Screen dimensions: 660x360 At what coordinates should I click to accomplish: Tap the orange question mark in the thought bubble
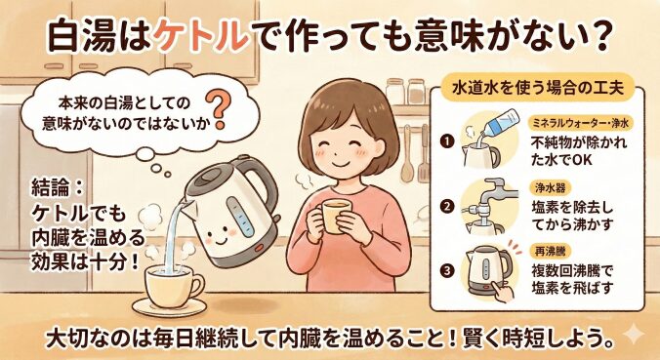[x=217, y=110]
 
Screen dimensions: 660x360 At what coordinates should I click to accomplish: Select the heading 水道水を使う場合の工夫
[x=538, y=89]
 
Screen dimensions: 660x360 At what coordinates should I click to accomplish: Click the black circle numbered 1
[x=447, y=141]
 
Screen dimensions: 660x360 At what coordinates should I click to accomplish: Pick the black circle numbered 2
[x=447, y=206]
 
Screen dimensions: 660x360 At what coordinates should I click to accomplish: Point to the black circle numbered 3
[x=447, y=270]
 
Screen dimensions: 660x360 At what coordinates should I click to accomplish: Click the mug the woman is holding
[x=335, y=216]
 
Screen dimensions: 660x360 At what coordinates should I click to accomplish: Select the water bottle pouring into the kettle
[x=500, y=123]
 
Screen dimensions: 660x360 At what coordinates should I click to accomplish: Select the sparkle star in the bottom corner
[x=634, y=334]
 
